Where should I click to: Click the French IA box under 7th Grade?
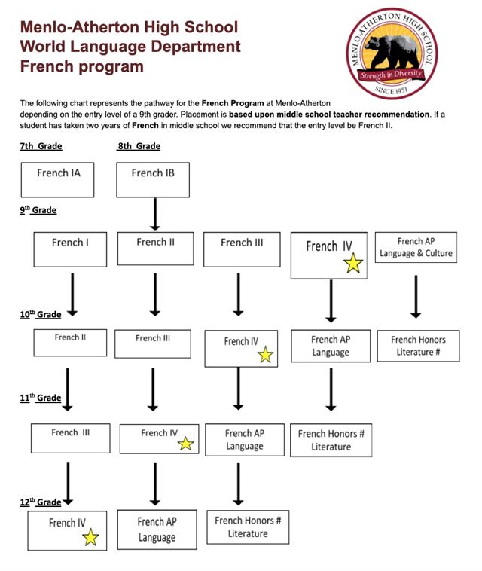58,180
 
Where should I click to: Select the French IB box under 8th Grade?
153,180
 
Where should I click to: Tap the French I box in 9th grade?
71,249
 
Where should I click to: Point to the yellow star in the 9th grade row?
352,263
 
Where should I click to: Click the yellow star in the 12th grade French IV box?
91,537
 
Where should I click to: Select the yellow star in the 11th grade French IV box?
185,444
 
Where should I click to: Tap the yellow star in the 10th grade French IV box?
265,355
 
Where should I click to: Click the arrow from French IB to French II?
154,214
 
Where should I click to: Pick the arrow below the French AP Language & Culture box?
415,295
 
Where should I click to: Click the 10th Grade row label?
41,315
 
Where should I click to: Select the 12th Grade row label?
41,502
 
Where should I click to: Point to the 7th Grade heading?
41,146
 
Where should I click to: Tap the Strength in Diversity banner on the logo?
392,75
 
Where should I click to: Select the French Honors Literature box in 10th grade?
417,346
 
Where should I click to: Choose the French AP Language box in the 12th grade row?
157,530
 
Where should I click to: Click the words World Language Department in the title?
130,47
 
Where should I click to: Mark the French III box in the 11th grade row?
71,438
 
